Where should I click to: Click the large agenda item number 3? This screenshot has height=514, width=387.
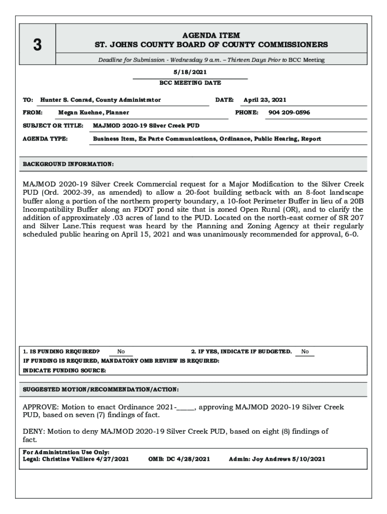(37, 45)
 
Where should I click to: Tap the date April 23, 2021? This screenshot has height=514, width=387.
(265, 100)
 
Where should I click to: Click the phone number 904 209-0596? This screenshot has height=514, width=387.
(289, 112)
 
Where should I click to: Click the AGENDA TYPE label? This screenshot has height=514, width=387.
(46, 139)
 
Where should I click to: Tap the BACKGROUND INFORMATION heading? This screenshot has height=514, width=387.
(68, 164)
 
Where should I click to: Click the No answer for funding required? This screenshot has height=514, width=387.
(121, 352)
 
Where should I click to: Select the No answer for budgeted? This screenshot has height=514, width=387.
(305, 352)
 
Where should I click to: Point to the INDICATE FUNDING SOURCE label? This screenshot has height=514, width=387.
(65, 370)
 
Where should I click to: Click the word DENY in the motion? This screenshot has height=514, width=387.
(34, 431)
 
